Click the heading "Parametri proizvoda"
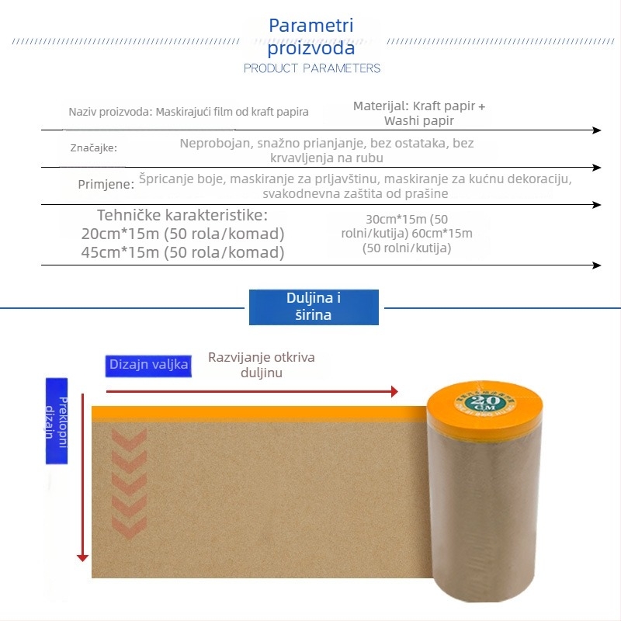[310, 37]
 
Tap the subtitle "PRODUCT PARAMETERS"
[312, 68]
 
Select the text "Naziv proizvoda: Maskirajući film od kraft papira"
[189, 112]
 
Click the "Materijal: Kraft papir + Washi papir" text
[419, 113]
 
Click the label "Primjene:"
[106, 184]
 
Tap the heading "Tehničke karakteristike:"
[182, 215]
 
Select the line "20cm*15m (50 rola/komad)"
[182, 234]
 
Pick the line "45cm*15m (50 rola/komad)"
[182, 252]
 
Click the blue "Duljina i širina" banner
[314, 307]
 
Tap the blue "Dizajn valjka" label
[148, 365]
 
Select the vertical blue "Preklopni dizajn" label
[57, 421]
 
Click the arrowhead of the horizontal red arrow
[395, 391]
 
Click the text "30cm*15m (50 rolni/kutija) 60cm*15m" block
[408, 234]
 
